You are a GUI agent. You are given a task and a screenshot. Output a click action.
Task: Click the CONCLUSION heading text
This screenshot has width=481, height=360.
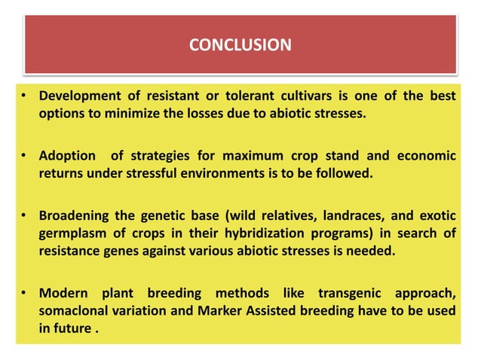click(240, 45)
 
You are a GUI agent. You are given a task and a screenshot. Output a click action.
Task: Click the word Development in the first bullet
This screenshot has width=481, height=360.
click(79, 97)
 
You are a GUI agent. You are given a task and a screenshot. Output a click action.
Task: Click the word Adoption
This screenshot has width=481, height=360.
click(67, 156)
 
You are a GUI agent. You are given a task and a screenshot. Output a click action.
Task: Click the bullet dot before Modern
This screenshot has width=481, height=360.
click(25, 292)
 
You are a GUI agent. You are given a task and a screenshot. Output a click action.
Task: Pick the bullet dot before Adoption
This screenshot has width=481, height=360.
click(25, 157)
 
